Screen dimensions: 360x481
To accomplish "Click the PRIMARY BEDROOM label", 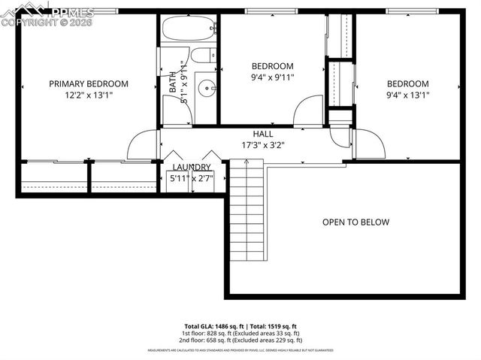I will coord(89,84).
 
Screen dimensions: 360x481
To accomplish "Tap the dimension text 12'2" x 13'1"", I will coord(89,95).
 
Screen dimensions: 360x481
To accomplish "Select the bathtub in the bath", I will coord(187,31).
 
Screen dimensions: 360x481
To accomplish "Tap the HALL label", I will coord(262,134).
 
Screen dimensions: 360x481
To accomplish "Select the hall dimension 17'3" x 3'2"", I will coord(262,145).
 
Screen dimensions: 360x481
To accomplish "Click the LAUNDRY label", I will coord(192,167).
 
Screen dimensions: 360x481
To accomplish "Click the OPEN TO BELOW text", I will coord(356,222).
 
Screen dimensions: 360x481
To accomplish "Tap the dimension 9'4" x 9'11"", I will coord(272,77).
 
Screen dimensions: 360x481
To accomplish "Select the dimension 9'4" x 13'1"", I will coord(407,95).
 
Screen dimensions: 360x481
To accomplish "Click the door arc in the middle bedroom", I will coord(307,110).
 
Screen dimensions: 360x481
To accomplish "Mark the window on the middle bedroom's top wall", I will coord(272,11).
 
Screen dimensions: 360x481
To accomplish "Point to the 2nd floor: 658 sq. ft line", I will coord(240,340).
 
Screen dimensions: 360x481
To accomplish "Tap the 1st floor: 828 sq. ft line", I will coord(240,333).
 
